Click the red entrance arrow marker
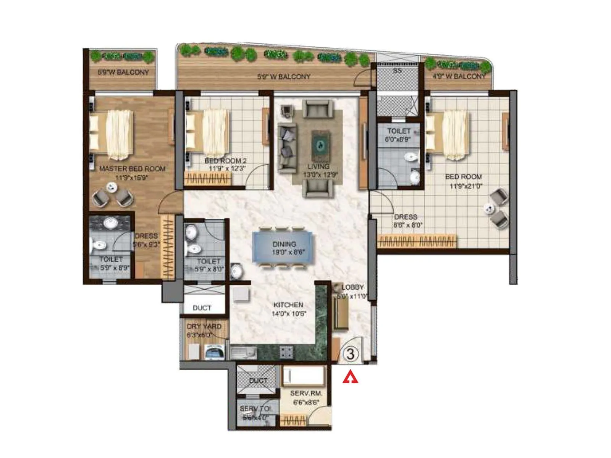350,378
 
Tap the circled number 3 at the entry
350,354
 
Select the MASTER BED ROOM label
132,169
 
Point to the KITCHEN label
288,305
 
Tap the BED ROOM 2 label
225,161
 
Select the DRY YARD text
204,326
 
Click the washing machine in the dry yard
214,352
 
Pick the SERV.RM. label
306,393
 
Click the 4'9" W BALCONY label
459,76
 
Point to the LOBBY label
352,287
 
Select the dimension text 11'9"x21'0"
466,186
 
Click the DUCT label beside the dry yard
202,308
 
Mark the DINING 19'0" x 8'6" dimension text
288,252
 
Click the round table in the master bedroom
111,187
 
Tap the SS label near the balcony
397,71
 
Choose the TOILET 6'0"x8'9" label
398,135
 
